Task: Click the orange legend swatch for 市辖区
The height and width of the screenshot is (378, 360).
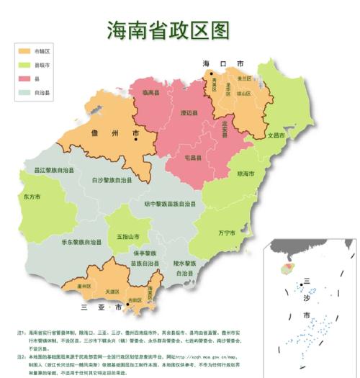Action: coord(27,52)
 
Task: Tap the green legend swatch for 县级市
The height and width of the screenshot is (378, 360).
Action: coord(27,65)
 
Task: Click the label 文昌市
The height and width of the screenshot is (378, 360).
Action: coord(276,135)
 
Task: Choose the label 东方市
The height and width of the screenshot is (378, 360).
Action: coord(32,197)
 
